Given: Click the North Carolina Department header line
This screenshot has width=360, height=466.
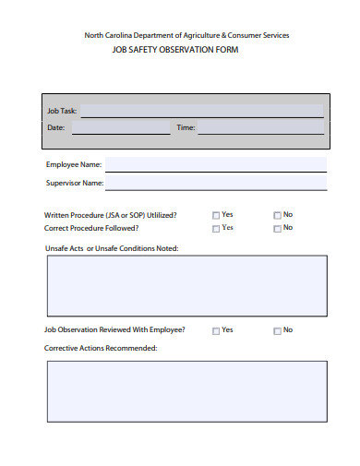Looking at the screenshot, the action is [x=186, y=35].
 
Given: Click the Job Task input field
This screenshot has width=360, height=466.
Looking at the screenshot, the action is [x=202, y=111].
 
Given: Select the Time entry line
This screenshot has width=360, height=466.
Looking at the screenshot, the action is [x=260, y=128].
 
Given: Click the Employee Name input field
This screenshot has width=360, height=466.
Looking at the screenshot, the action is [x=215, y=165].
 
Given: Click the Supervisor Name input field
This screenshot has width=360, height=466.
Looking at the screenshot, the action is [x=215, y=183].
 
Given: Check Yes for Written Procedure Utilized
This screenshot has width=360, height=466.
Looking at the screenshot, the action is [x=216, y=215].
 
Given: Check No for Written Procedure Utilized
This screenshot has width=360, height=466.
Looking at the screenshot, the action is [x=277, y=215].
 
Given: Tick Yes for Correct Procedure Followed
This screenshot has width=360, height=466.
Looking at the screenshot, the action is [x=216, y=228].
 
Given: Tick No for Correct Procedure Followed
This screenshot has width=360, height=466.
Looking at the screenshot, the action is [x=277, y=228].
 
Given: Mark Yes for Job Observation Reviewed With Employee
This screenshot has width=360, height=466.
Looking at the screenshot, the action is [x=216, y=330].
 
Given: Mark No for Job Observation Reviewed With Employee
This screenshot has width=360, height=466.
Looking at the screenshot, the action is [x=277, y=330].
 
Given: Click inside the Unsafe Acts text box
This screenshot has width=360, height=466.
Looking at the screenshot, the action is [x=186, y=285].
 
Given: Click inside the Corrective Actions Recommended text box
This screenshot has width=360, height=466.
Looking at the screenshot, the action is [x=186, y=390].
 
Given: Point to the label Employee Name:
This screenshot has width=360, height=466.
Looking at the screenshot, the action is [x=74, y=165].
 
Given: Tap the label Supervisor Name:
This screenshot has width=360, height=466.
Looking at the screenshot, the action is [x=75, y=183].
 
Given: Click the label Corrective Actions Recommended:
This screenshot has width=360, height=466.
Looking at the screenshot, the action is [x=101, y=348].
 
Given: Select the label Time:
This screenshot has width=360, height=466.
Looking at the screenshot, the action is [x=186, y=128].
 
